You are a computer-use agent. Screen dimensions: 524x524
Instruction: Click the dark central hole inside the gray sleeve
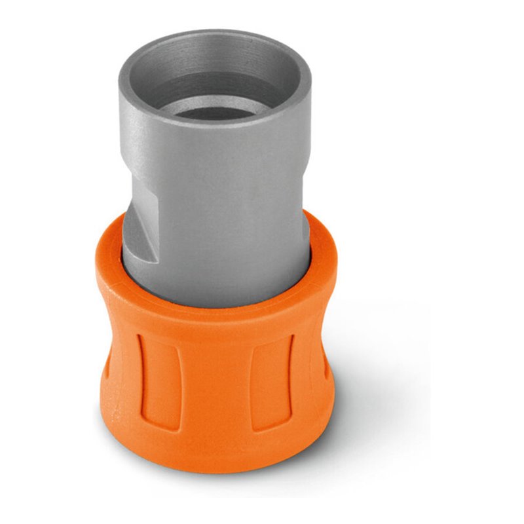coord(216,110)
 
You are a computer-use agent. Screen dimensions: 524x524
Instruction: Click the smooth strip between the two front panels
coord(216,386)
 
